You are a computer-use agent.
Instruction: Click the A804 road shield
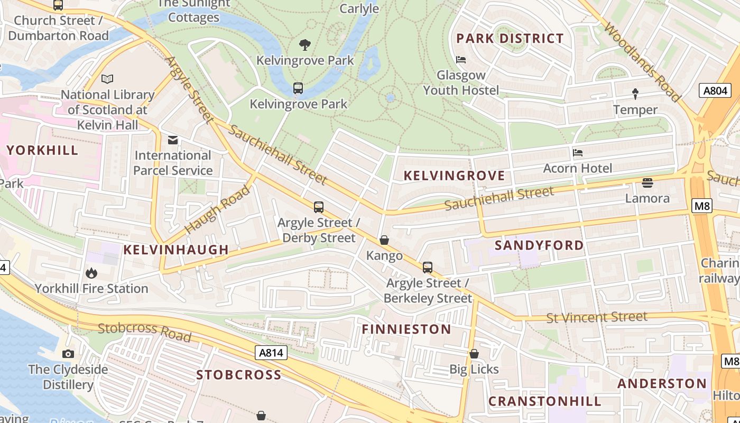point(716,90)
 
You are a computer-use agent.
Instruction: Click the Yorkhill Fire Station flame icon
point(91,273)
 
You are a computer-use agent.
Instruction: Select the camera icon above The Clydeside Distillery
point(68,354)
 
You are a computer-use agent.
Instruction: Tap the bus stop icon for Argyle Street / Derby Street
point(318,207)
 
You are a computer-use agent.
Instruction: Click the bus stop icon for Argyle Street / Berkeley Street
point(427,268)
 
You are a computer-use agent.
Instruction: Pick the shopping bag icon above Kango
point(384,241)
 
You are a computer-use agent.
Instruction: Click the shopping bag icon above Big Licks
point(474,354)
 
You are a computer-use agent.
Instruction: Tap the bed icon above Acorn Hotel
point(578,153)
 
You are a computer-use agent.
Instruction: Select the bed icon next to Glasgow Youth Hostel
point(461,60)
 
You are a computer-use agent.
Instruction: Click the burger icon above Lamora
point(647,183)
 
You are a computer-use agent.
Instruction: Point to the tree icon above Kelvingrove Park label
point(305,45)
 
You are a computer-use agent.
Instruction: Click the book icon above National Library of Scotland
point(107,79)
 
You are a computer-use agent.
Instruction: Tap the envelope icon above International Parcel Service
point(173,140)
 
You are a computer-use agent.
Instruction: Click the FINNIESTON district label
point(406,329)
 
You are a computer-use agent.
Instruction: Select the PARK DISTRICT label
point(510,39)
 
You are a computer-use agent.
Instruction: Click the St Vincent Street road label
point(596,318)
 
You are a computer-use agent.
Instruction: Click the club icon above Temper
point(635,94)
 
